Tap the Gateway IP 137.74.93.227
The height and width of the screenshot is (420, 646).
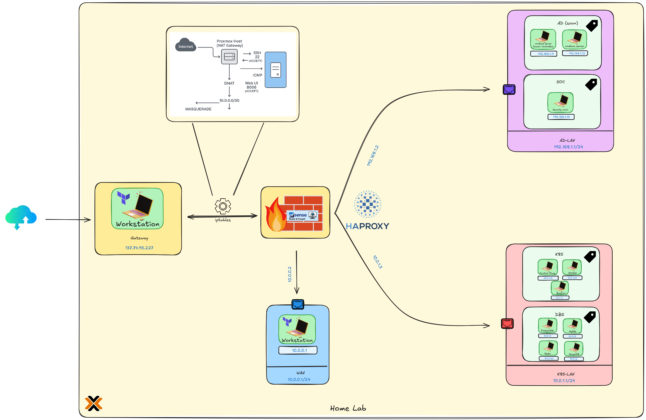tap(139, 248)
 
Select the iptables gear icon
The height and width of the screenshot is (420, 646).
tap(223, 206)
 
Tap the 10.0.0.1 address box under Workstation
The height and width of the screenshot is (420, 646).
tap(298, 350)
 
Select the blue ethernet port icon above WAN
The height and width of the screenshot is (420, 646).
tap(298, 304)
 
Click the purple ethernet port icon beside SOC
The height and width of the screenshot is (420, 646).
tap(509, 89)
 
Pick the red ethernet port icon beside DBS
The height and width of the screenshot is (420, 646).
tap(507, 323)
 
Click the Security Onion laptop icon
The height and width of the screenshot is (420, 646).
tap(560, 102)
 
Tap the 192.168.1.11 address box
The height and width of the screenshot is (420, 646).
tap(544, 54)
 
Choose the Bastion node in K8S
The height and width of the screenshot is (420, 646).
tap(560, 288)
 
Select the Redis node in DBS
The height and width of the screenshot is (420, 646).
tap(548, 348)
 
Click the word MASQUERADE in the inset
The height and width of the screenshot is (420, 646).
tap(198, 109)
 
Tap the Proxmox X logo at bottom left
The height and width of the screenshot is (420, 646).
tap(93, 403)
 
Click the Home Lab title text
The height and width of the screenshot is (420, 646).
tap(348, 408)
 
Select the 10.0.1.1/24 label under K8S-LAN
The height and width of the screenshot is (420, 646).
tap(564, 380)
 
